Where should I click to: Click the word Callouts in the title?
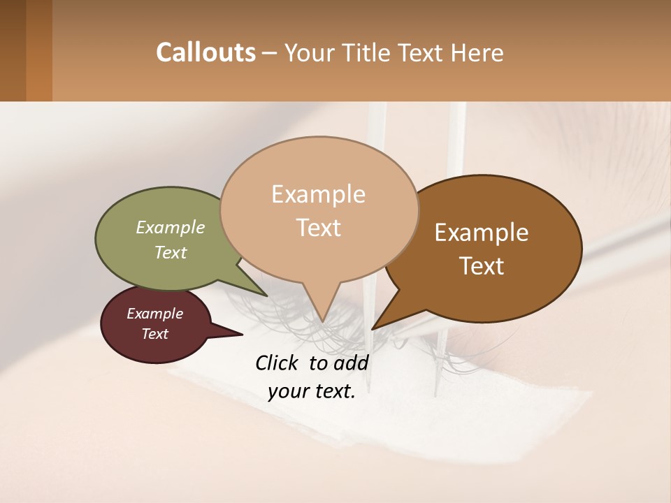coord(205,52)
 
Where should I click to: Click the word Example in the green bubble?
coord(171,227)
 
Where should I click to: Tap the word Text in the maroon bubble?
coord(155,334)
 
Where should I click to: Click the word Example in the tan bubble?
coord(319,194)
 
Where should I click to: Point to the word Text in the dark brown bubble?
coord(482,266)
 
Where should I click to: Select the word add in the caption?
coord(351,363)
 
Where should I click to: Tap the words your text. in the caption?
coord(311,391)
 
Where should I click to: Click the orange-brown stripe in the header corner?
coord(39,50)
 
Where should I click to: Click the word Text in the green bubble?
coord(171,252)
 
